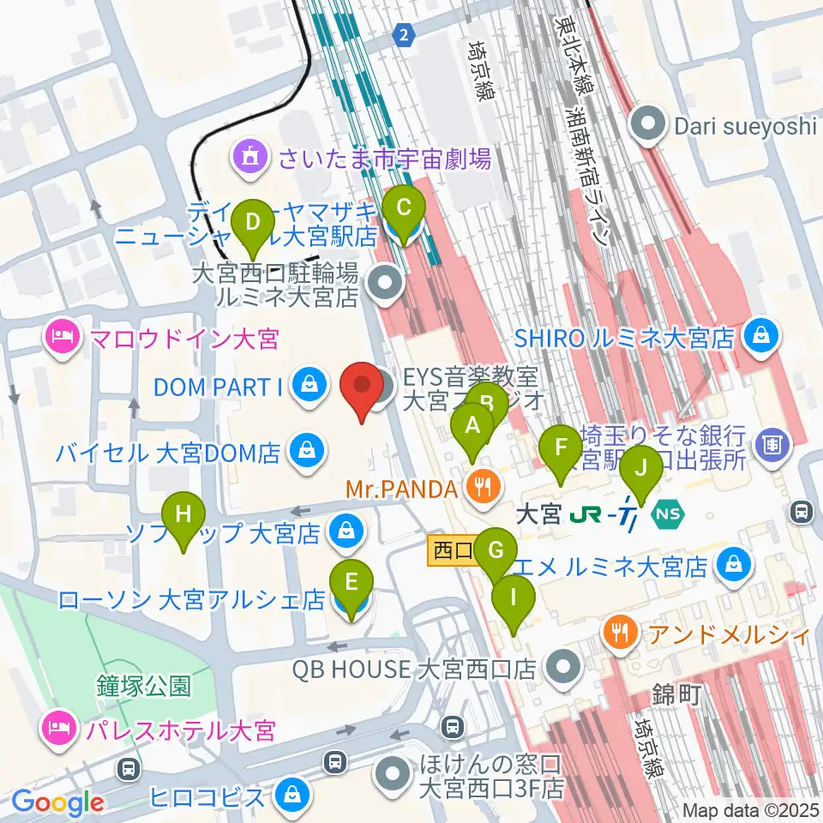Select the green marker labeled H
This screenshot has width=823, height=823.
pyautogui.click(x=183, y=517)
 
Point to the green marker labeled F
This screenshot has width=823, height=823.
pyautogui.click(x=562, y=449)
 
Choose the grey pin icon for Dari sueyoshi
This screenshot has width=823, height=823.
pyautogui.click(x=649, y=126)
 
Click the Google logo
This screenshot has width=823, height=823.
pyautogui.click(x=58, y=802)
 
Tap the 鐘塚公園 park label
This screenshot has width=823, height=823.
pyautogui.click(x=143, y=686)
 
